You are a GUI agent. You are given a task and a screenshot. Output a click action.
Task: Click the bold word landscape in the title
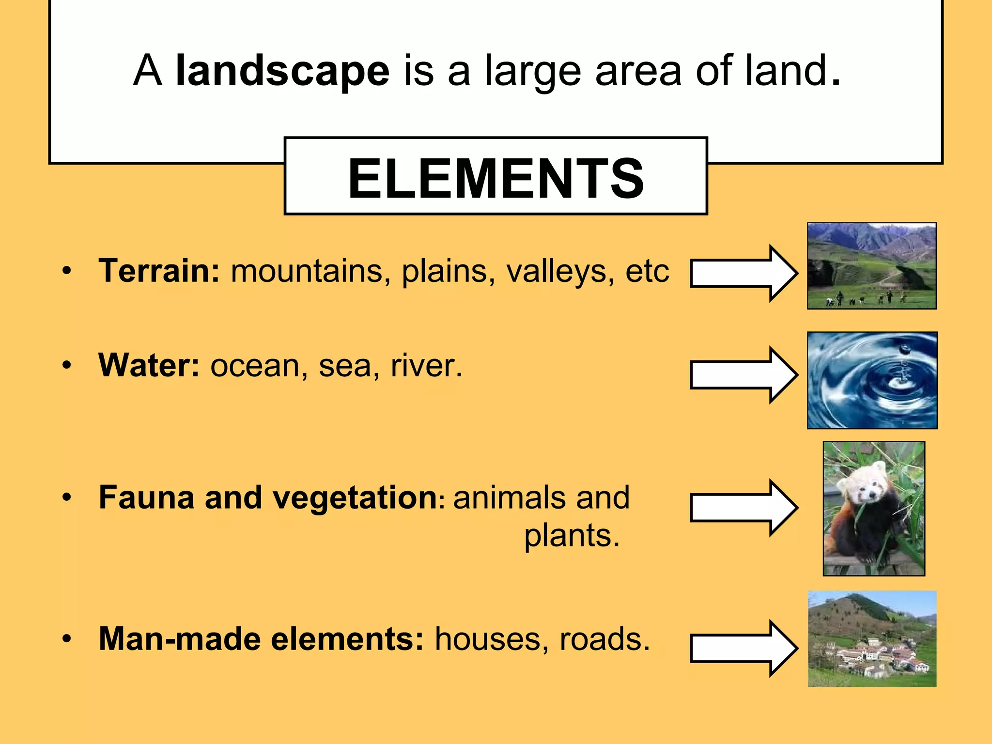[282, 72]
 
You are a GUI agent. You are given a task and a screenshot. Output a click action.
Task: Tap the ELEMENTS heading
[496, 178]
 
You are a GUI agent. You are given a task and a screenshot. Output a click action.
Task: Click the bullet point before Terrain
[67, 271]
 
